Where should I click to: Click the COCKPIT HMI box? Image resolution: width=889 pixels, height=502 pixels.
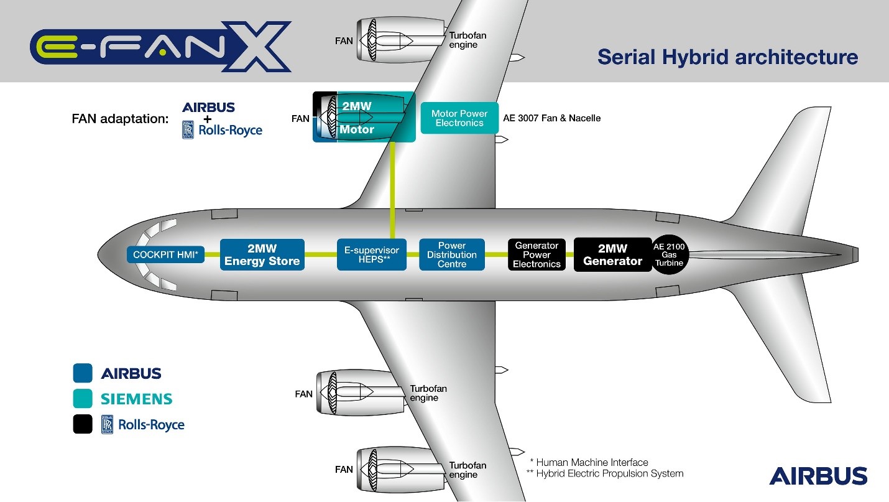pyautogui.click(x=165, y=254)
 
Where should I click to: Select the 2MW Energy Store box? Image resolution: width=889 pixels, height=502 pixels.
pyautogui.click(x=262, y=254)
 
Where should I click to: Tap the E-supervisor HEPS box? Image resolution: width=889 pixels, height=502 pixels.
pyautogui.click(x=372, y=254)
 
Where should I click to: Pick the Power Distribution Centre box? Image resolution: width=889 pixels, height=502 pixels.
pyautogui.click(x=452, y=254)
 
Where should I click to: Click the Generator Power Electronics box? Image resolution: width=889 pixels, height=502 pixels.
pyautogui.click(x=537, y=254)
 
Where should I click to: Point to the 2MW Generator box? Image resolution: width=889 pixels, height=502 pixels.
pyautogui.click(x=612, y=254)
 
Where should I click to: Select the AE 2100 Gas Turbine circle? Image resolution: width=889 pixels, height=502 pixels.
pyautogui.click(x=669, y=254)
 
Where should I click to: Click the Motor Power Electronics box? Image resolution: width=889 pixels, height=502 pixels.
pyautogui.click(x=459, y=118)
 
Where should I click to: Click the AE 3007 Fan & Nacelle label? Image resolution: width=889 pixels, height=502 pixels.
pyautogui.click(x=551, y=118)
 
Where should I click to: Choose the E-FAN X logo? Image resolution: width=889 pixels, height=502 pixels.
pyautogui.click(x=160, y=47)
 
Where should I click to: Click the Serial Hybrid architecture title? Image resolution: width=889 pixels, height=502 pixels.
pyautogui.click(x=727, y=57)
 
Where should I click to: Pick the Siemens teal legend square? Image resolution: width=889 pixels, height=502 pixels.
pyautogui.click(x=83, y=399)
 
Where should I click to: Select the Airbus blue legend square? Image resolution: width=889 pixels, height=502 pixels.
pyautogui.click(x=83, y=373)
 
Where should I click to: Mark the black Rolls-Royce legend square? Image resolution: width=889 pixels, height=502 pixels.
pyautogui.click(x=83, y=424)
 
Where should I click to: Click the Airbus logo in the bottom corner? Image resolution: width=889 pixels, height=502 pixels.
pyautogui.click(x=818, y=476)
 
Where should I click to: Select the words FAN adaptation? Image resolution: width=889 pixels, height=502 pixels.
pyautogui.click(x=120, y=118)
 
